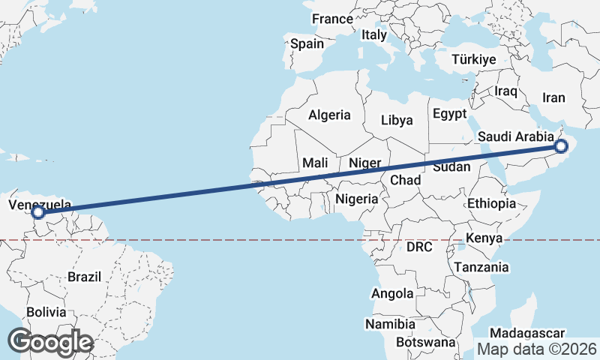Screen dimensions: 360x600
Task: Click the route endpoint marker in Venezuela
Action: click(38, 213)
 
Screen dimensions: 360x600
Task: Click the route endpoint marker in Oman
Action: click(560, 146)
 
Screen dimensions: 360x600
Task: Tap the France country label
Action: click(332, 19)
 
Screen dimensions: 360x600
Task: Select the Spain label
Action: click(307, 43)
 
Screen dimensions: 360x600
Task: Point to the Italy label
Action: click(374, 34)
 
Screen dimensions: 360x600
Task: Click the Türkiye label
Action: click(474, 59)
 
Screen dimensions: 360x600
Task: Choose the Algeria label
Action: click(329, 115)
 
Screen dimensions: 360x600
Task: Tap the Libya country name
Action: click(397, 120)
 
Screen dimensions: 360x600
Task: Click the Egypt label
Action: click(449, 115)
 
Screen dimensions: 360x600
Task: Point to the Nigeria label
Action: click(356, 199)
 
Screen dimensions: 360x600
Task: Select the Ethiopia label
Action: click(491, 203)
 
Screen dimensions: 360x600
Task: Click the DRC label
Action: click(419, 246)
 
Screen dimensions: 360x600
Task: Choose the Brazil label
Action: click(84, 276)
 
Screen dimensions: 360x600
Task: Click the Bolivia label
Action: click(46, 311)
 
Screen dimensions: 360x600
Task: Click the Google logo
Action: click(50, 341)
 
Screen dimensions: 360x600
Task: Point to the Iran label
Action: click(553, 97)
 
